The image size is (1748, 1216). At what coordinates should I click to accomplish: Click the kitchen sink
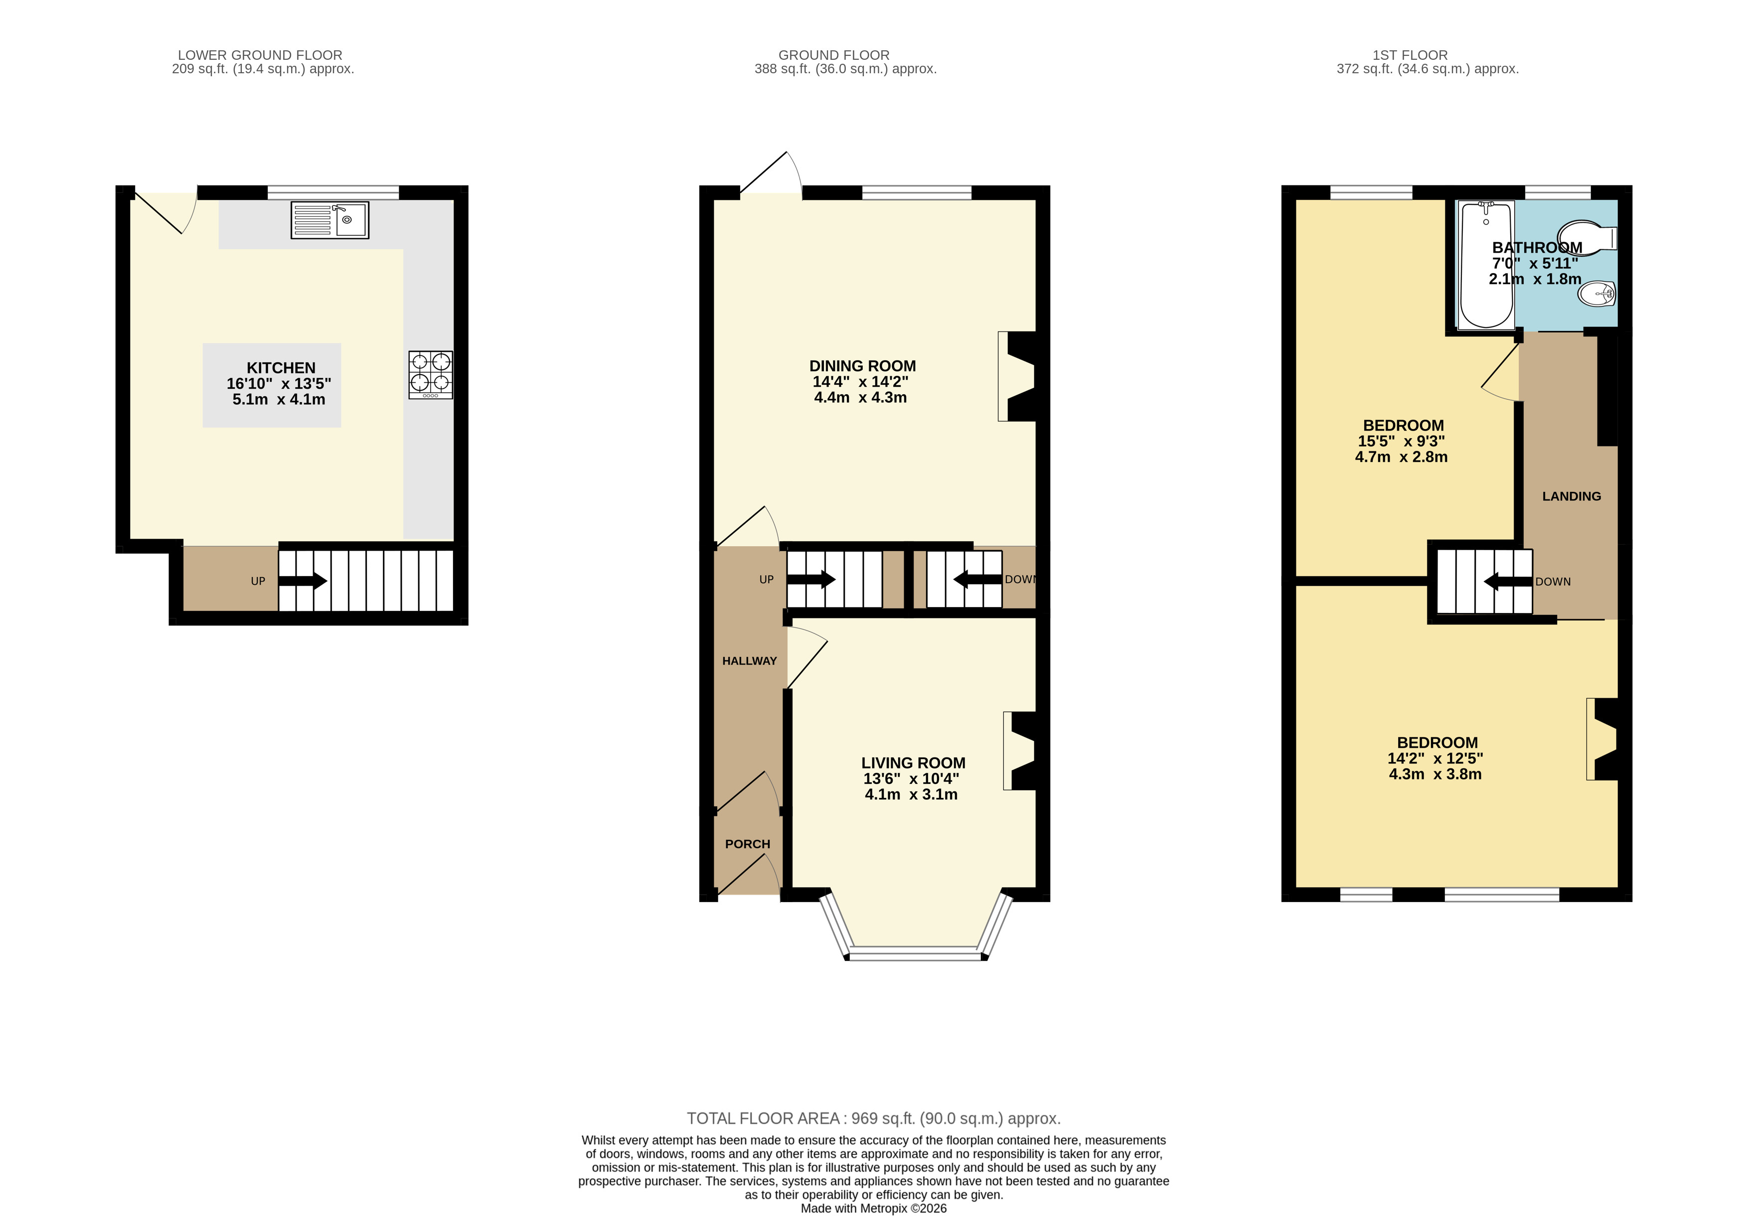coord(329,220)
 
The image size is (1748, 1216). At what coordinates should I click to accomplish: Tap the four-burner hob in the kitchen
coord(431,375)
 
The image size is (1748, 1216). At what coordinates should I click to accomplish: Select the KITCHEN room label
coord(281,368)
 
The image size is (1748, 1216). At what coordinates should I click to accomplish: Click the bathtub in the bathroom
coord(1486,264)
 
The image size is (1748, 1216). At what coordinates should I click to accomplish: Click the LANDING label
coord(1572,496)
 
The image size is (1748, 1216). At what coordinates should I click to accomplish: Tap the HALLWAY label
coord(749,661)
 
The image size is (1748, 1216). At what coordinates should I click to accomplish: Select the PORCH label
coord(748,844)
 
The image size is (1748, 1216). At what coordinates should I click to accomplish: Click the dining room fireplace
coord(1017,376)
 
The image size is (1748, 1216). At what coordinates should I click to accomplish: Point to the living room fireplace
coord(1020,751)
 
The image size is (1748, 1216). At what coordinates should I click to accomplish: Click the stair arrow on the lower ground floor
coord(303,581)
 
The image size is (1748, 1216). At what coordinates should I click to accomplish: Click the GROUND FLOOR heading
coord(834,55)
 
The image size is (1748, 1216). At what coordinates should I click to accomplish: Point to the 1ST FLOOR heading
coord(1410,55)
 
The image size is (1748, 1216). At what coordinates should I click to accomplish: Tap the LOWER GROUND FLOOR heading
coord(260,55)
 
